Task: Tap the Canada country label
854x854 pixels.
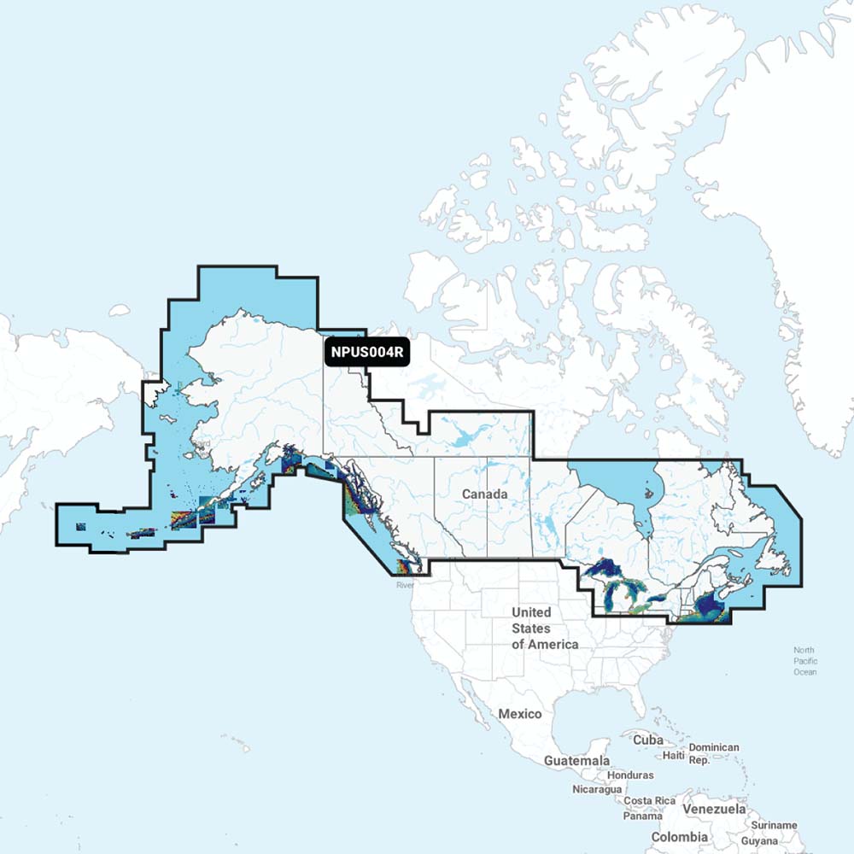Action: [485, 494]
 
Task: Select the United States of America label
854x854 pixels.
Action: [544, 629]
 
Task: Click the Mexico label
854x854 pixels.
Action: [520, 714]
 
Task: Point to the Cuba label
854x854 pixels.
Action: [648, 740]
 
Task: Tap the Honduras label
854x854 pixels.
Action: [630, 775]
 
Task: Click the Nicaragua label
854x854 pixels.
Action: [597, 789]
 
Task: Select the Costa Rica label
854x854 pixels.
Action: [650, 801]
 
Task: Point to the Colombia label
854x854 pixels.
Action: [679, 837]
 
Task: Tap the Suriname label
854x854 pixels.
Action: [775, 825]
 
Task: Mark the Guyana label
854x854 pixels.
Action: [759, 841]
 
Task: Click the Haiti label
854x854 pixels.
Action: [674, 755]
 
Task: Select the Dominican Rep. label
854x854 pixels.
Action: [713, 753]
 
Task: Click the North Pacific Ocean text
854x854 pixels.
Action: [804, 661]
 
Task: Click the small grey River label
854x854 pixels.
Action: [405, 585]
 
